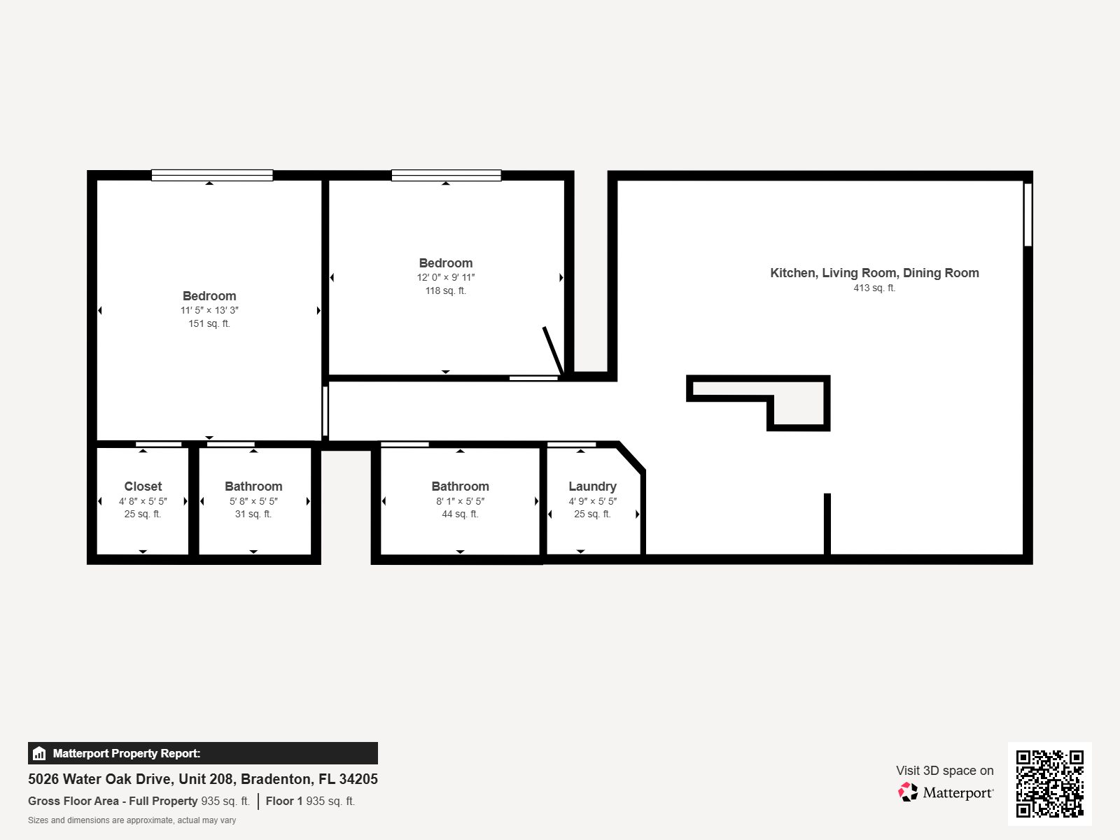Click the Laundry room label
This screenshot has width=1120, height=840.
point(592,486)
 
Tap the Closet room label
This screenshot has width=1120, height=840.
point(143,486)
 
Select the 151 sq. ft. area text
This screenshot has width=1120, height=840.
point(209,323)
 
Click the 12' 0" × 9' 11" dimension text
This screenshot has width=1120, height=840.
point(446,277)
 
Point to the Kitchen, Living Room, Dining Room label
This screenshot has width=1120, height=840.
point(874,273)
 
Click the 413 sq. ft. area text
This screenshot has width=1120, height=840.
point(874,288)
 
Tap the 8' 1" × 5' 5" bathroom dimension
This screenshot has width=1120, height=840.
point(460,501)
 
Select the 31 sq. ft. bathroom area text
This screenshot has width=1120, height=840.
point(253,514)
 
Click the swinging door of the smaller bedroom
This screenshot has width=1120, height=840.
point(553,350)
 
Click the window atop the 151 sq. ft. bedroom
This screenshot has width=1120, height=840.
point(212,175)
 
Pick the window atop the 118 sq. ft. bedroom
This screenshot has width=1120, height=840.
point(446,175)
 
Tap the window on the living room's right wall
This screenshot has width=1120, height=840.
point(1028,214)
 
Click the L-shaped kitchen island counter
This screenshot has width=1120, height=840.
point(798,402)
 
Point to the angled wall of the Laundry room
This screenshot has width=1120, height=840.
point(631,458)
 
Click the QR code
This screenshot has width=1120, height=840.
point(1049,783)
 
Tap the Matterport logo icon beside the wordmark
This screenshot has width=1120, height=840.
point(908,792)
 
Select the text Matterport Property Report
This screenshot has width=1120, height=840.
point(127,753)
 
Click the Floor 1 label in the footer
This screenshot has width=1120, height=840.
point(283,801)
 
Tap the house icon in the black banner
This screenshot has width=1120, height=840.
point(39,753)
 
